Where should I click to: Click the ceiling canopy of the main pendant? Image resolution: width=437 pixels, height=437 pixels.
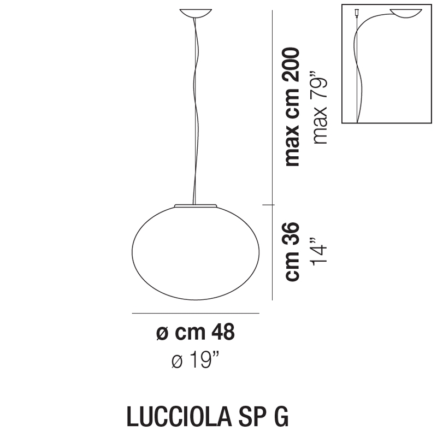196,13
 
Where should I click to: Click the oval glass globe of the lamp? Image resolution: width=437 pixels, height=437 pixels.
196,253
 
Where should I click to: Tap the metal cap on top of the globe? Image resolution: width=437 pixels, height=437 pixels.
196,206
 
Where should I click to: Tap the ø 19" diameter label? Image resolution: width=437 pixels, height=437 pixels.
196,359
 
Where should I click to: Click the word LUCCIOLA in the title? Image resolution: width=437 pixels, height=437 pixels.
179,416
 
